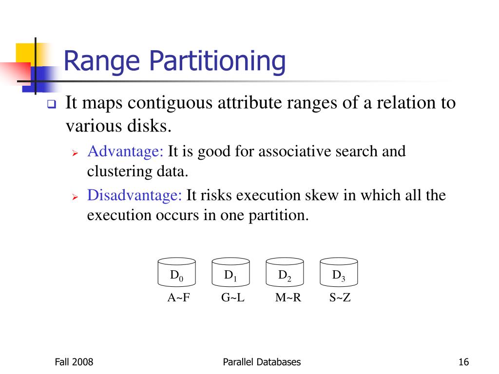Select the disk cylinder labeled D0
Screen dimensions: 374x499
click(x=177, y=272)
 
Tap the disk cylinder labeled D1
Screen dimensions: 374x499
click(x=231, y=272)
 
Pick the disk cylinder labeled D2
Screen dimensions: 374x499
click(x=285, y=272)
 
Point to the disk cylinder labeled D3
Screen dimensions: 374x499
click(x=339, y=272)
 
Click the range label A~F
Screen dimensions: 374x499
click(x=178, y=298)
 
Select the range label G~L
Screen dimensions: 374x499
click(x=232, y=298)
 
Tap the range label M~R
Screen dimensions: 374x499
click(x=288, y=298)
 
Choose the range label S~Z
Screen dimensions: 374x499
click(x=340, y=298)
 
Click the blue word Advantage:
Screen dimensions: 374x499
click(x=125, y=151)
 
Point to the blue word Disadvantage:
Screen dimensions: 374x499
click(x=134, y=196)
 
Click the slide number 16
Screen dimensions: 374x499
click(x=463, y=362)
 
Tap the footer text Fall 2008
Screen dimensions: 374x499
click(x=74, y=362)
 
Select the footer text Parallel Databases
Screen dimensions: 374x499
click(x=262, y=362)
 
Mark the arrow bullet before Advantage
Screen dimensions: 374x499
click(x=76, y=153)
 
